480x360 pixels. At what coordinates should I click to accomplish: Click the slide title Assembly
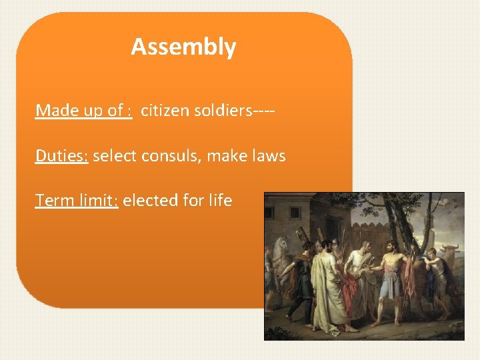pos(183,47)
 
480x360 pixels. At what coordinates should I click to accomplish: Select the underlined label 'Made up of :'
pos(83,110)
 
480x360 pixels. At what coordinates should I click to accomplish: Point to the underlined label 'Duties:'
pos(62,156)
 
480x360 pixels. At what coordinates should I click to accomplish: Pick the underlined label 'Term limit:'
pos(77,200)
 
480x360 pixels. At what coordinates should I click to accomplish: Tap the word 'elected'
pos(151,200)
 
